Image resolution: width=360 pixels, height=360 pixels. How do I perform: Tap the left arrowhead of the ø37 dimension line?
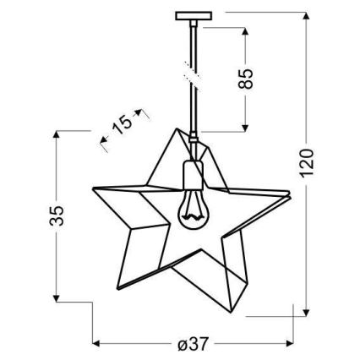95,344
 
